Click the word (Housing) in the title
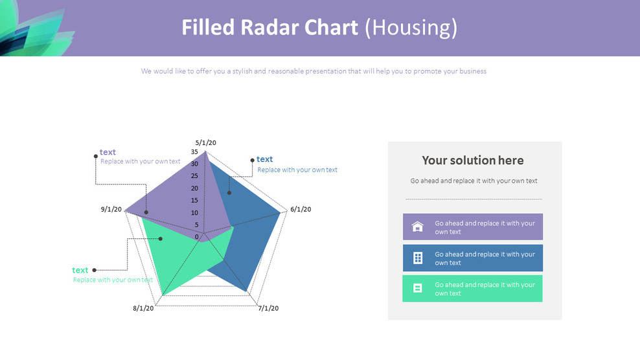(x=411, y=28)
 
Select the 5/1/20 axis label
(x=205, y=142)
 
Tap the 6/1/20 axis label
(x=301, y=209)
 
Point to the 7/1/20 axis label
(x=268, y=308)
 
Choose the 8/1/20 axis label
(x=143, y=308)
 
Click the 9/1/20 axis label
(x=111, y=209)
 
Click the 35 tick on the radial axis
(x=194, y=152)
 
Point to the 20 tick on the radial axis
(x=194, y=188)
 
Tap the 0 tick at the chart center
(x=197, y=237)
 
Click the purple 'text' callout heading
(x=108, y=152)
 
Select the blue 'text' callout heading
(x=264, y=159)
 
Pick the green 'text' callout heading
(x=80, y=270)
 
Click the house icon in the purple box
(x=418, y=227)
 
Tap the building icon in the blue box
(x=418, y=258)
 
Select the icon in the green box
(x=418, y=288)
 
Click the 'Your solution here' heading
(x=473, y=161)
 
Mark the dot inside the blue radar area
(x=229, y=192)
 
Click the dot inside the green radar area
(x=161, y=239)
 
